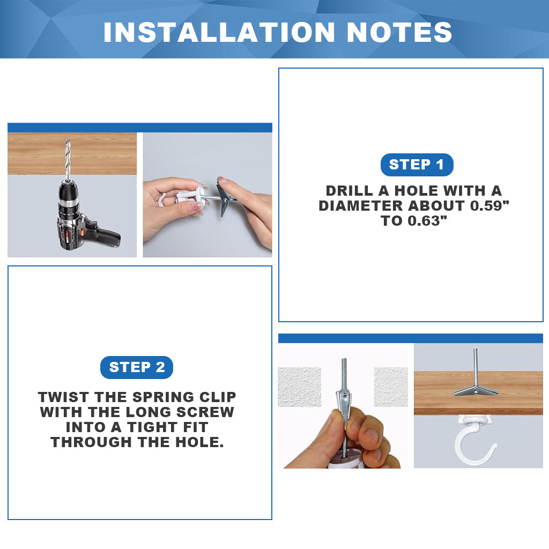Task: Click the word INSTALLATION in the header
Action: point(219,32)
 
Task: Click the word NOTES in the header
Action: point(399,32)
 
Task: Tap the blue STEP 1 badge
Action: point(417,165)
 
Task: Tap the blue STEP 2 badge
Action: point(137,367)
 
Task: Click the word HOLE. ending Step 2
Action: point(199,442)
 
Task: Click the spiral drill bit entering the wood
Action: point(68,159)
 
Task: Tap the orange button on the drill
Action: point(81,232)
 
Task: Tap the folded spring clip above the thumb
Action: point(344,396)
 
